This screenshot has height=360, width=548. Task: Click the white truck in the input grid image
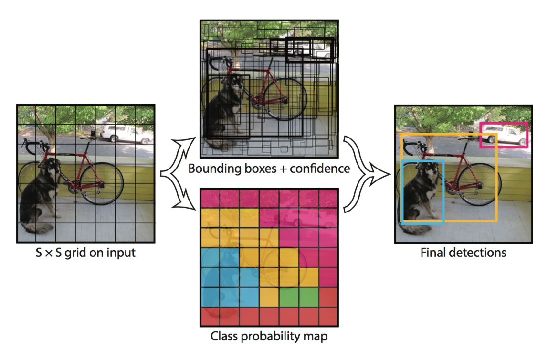[127, 134]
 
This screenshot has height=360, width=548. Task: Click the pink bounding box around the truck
[503, 123]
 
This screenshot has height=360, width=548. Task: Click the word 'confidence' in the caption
[320, 169]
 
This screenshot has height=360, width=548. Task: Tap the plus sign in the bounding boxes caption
[283, 169]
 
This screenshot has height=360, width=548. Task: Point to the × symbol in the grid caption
[49, 254]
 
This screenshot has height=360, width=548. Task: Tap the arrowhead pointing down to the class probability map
[187, 203]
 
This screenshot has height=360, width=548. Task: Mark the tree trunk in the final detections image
[429, 142]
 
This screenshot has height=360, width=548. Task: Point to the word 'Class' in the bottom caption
[224, 336]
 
